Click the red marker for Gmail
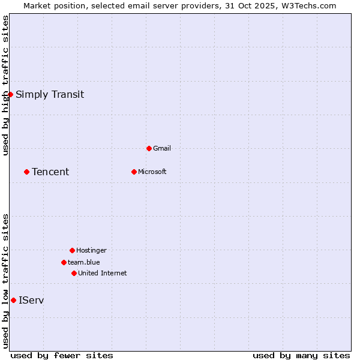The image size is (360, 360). pyautogui.click(x=149, y=148)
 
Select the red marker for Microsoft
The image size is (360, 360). pyautogui.click(x=134, y=172)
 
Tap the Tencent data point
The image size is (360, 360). pyautogui.click(x=26, y=172)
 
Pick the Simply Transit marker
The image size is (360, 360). pyautogui.click(x=10, y=94)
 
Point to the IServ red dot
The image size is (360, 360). pyautogui.click(x=13, y=300)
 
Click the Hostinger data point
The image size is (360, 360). pyautogui.click(x=72, y=250)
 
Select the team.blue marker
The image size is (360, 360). pyautogui.click(x=64, y=262)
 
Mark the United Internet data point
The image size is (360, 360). pyautogui.click(x=74, y=273)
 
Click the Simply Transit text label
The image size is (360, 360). pyautogui.click(x=50, y=94)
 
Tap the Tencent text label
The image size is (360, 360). pyautogui.click(x=50, y=172)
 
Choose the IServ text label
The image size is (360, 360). pyautogui.click(x=31, y=300)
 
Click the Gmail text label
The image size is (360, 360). pyautogui.click(x=162, y=148)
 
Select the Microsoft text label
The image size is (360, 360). pyautogui.click(x=152, y=172)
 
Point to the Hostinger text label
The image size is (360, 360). pyautogui.click(x=91, y=250)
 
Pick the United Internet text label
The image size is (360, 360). pyautogui.click(x=103, y=273)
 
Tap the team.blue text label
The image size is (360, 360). pyautogui.click(x=84, y=262)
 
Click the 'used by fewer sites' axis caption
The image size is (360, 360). pyautogui.click(x=62, y=355)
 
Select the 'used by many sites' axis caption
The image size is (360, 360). pyautogui.click(x=301, y=355)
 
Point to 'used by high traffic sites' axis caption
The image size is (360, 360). pyautogui.click(x=5, y=85)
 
